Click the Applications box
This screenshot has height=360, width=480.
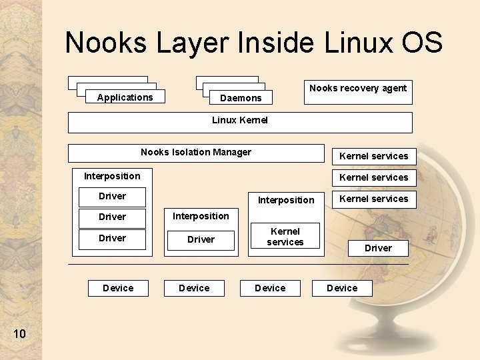(x=125, y=97)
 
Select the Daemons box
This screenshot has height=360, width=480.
(x=241, y=98)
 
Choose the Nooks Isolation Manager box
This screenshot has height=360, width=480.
(x=196, y=153)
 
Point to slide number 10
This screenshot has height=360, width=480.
(x=19, y=333)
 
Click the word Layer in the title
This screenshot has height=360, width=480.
(x=193, y=43)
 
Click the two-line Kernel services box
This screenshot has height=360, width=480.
(x=285, y=237)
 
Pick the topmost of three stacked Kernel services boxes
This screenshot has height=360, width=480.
(x=374, y=156)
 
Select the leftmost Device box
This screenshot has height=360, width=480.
(x=118, y=288)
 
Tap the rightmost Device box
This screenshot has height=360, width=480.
(x=342, y=288)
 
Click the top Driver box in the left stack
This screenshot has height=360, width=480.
(x=112, y=197)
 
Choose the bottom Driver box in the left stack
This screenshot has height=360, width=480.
(x=112, y=239)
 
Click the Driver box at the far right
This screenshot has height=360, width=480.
(x=378, y=248)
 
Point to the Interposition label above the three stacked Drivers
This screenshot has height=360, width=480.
(x=112, y=176)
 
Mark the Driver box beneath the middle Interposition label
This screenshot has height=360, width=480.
(x=201, y=240)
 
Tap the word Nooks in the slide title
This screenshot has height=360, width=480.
(x=107, y=43)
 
